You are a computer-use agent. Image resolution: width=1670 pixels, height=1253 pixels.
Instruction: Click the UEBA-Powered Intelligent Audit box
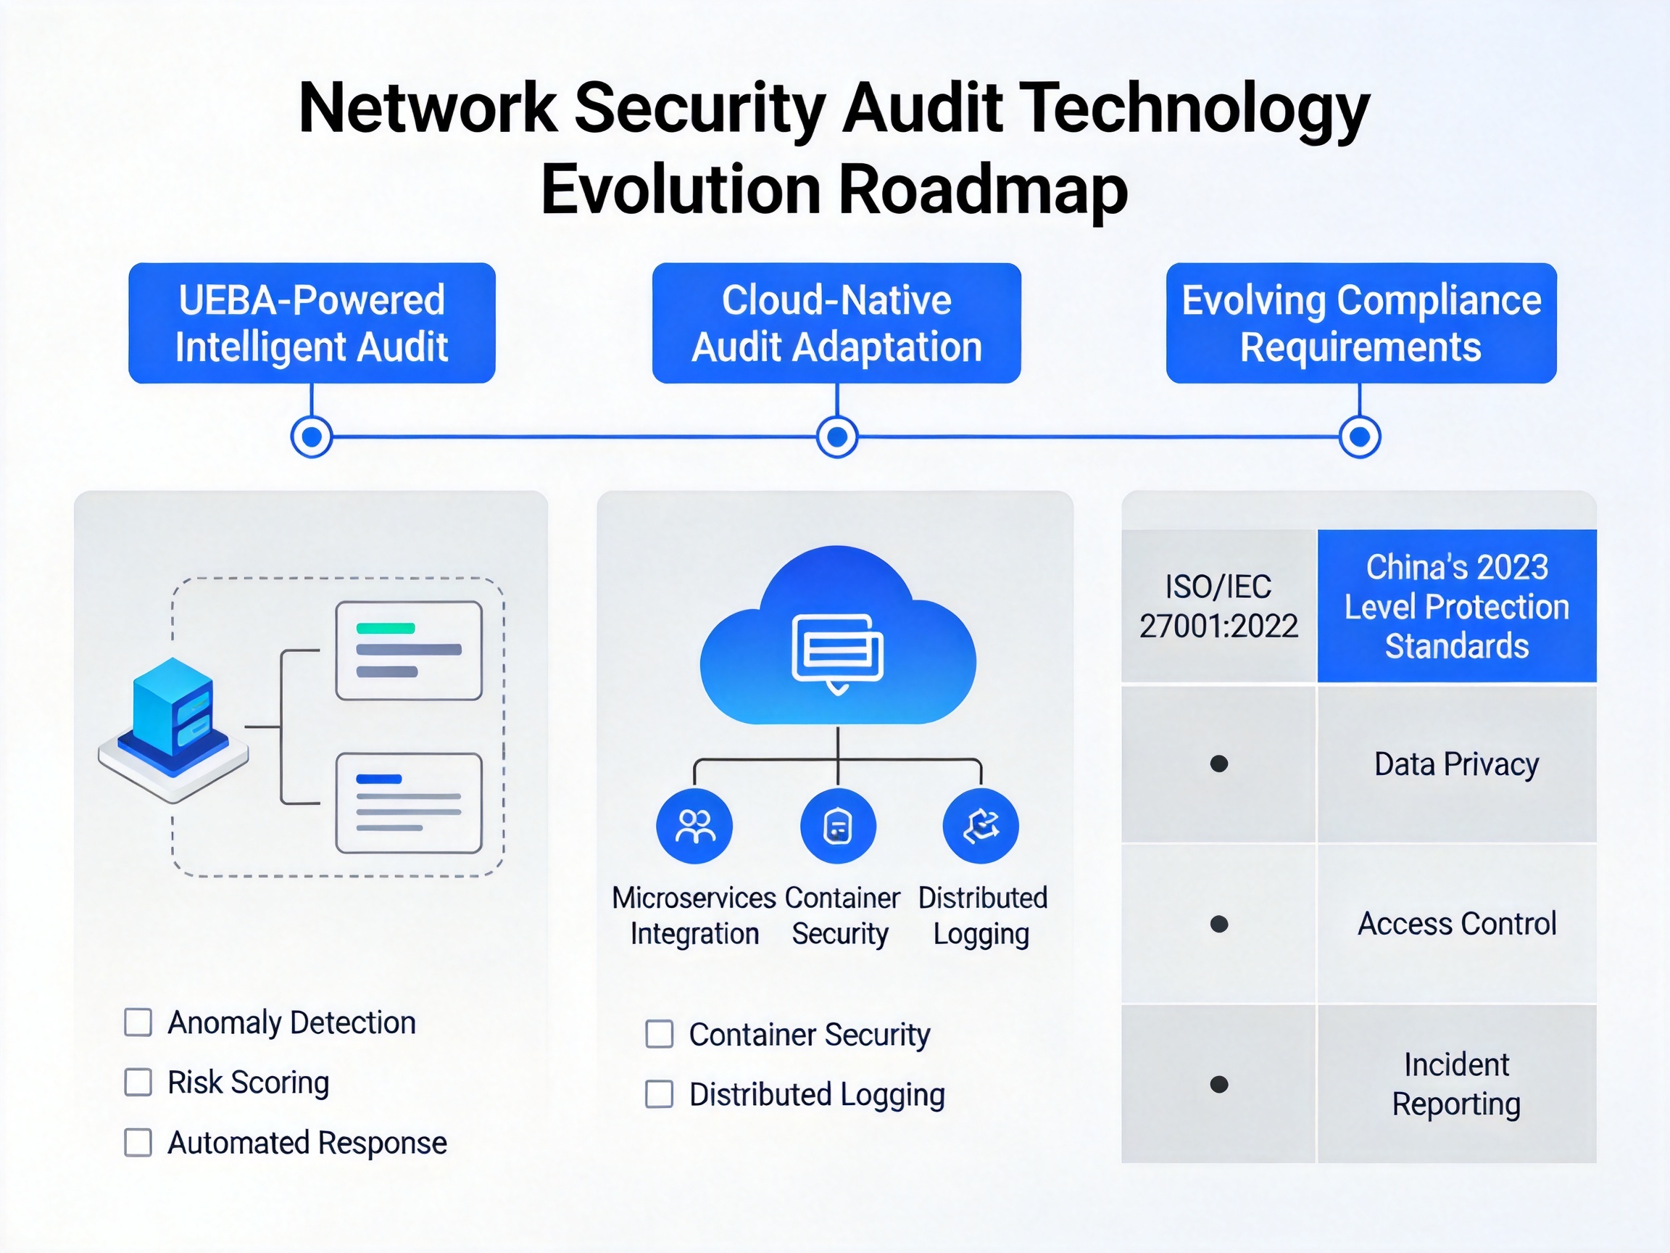pos(312,323)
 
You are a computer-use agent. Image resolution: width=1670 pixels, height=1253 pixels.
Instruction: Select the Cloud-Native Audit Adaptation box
pos(836,323)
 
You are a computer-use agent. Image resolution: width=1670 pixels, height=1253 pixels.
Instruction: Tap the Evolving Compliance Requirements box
pos(1361,323)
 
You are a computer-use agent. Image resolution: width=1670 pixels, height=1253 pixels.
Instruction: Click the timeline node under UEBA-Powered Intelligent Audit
pos(312,437)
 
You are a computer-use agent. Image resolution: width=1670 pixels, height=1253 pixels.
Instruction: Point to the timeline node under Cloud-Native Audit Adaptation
pos(837,437)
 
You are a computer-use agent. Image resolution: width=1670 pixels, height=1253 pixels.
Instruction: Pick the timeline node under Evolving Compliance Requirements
pos(1360,437)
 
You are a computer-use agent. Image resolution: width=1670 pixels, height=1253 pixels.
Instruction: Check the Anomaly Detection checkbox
pos(138,1022)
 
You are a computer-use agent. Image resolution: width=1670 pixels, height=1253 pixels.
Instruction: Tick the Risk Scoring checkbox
pos(138,1083)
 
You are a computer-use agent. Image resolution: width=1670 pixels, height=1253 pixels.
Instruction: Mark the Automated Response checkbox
pos(138,1143)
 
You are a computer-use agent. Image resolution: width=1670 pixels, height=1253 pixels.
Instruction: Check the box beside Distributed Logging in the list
pos(659,1093)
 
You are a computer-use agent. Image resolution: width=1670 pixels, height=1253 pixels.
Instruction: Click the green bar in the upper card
pos(386,629)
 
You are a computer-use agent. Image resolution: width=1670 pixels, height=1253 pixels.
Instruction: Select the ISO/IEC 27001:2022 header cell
pos(1218,606)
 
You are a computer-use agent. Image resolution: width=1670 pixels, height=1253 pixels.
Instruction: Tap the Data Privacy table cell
pos(1457,764)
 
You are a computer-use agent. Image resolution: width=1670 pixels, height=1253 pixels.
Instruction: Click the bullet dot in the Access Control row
pos(1219,924)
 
